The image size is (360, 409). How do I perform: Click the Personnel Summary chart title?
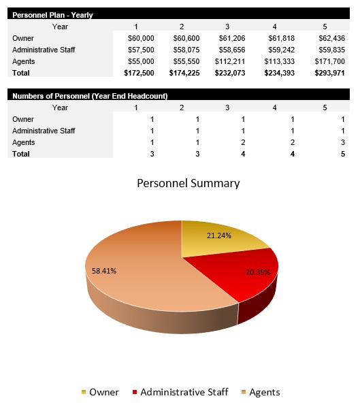tap(189, 183)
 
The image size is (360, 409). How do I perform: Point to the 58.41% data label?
tap(103, 271)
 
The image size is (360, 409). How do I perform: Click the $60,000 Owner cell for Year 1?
tap(141, 38)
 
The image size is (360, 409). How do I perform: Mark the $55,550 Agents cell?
tap(186, 61)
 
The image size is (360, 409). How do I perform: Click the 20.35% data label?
tap(258, 273)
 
